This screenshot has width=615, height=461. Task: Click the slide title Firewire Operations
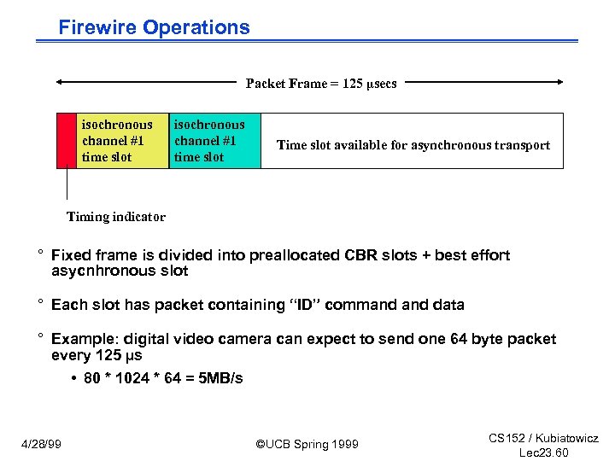[x=154, y=27]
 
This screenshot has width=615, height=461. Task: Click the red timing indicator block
[x=66, y=141]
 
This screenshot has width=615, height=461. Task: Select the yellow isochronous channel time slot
[x=122, y=141]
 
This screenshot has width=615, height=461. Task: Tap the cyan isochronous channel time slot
[x=214, y=141]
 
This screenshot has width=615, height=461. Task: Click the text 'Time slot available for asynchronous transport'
[x=413, y=145]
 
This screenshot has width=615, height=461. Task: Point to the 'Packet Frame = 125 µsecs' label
[x=321, y=84]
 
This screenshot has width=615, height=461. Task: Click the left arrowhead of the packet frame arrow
[x=61, y=83]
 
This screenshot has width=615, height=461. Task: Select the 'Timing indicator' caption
[x=116, y=217]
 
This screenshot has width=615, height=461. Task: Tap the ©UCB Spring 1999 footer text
[x=307, y=444]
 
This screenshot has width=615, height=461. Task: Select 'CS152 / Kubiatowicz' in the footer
[x=543, y=438]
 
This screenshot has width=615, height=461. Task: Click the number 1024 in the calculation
[x=129, y=378]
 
